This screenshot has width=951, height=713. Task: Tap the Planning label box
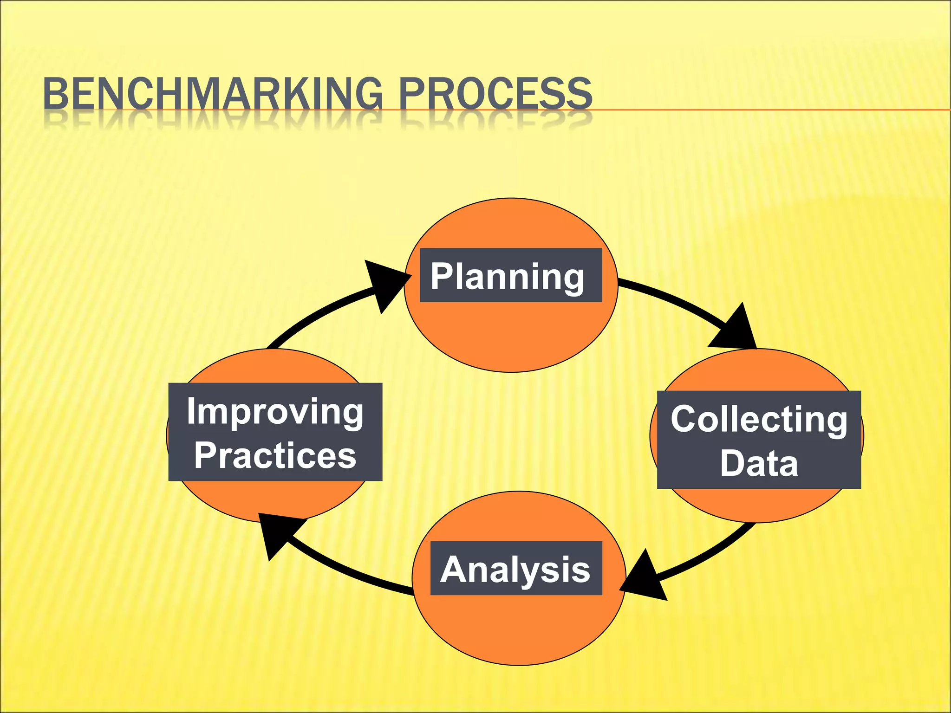[511, 275]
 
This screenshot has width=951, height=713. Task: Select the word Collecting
[759, 419]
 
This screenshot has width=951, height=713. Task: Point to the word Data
[759, 463]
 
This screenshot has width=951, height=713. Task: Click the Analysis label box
[516, 568]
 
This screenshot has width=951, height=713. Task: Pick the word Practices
[275, 455]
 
